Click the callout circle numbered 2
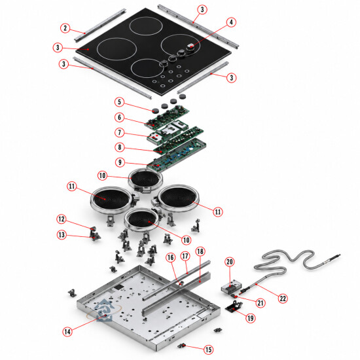tap(65, 28)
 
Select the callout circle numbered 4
tap(231, 22)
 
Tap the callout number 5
tap(119, 102)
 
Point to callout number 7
tap(119, 132)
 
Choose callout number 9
tap(120, 162)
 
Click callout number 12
tap(62, 219)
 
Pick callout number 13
tap(62, 234)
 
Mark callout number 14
tap(67, 332)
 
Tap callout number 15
tap(208, 350)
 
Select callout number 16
tap(171, 258)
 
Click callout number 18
tap(200, 251)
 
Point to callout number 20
tap(230, 262)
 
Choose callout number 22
tap(283, 298)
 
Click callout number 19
tap(251, 318)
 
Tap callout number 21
tap(261, 303)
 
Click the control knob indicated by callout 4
tap(190, 48)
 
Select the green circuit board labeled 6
tap(166, 117)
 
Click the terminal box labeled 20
tap(232, 287)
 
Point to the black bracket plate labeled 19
tap(234, 307)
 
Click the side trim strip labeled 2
tap(100, 26)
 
